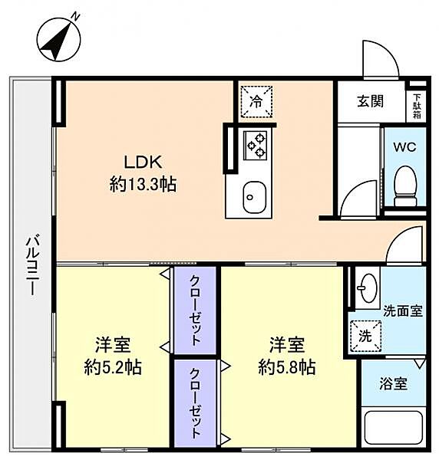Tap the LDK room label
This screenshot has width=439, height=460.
[x=144, y=162]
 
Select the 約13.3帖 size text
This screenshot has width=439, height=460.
[x=144, y=184]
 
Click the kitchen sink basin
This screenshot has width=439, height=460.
[x=252, y=196]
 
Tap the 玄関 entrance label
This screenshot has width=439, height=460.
[x=371, y=100]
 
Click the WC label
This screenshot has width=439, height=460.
[x=404, y=147]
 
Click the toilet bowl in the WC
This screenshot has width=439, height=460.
[x=404, y=184]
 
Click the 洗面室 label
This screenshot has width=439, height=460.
[x=402, y=310]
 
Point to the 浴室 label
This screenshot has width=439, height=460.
[x=396, y=384]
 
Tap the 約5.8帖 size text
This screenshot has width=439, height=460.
[x=286, y=366]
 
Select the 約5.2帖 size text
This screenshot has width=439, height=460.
[x=113, y=366]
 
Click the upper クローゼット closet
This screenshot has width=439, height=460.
[x=196, y=309]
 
